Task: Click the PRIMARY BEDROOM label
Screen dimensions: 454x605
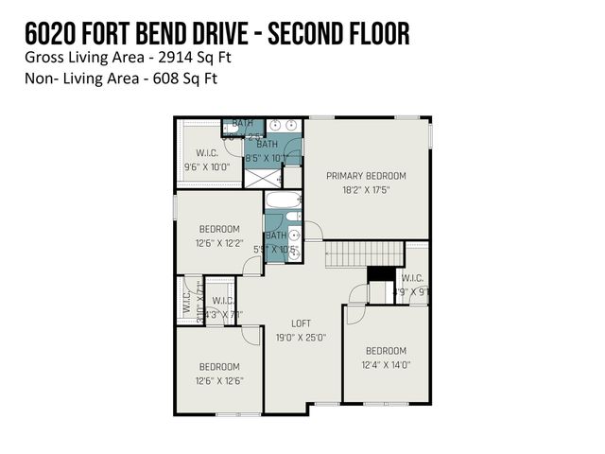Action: [366, 176]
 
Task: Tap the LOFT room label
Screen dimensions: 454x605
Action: [301, 323]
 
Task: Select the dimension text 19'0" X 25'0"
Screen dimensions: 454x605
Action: [301, 337]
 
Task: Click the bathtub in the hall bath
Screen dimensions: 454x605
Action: [283, 201]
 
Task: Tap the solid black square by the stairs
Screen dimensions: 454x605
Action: [380, 273]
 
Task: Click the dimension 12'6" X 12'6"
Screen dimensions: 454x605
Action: [218, 380]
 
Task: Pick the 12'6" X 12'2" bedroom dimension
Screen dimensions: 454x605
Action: [218, 243]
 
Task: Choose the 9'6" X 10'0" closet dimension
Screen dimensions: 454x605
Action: [206, 167]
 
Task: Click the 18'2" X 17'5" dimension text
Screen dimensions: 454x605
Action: [366, 190]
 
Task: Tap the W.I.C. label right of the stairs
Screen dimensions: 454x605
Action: [411, 277]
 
